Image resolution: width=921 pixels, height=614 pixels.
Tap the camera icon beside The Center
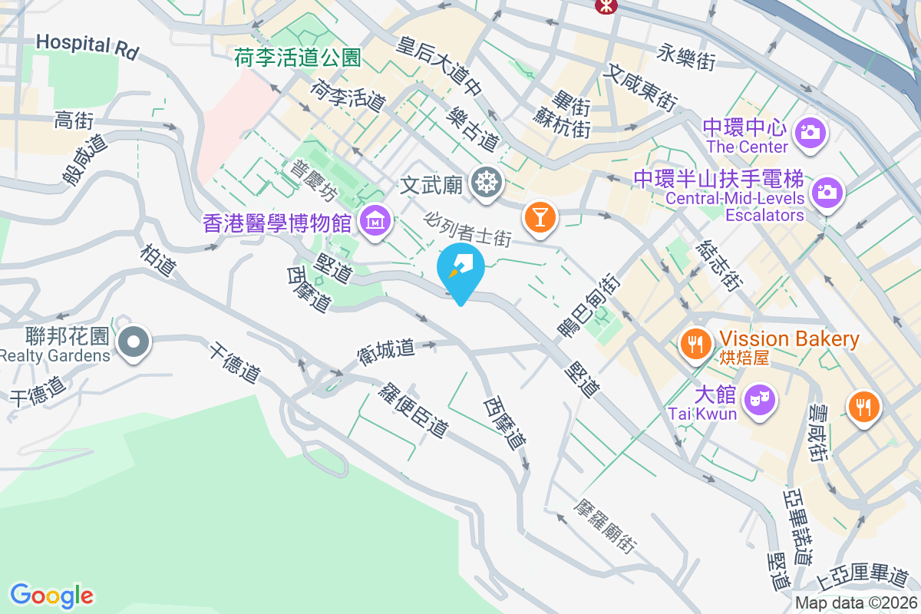coord(809,132)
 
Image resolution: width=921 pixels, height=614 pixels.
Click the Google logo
coord(52,596)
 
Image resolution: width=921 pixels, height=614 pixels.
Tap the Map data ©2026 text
coord(856,603)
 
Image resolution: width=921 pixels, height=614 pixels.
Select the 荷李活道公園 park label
coord(298,56)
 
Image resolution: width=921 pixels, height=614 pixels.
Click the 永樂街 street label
coord(686,57)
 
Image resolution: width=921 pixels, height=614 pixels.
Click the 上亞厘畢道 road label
coord(863,575)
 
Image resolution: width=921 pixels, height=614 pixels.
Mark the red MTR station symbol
coord(606,5)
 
